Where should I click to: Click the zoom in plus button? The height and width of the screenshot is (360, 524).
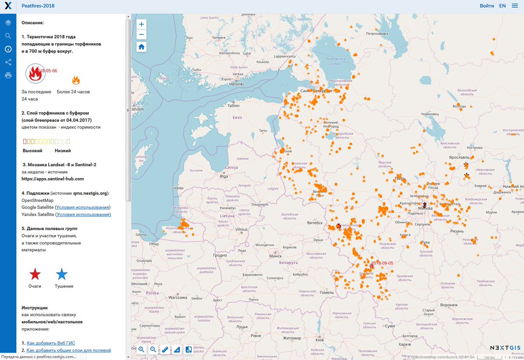click(141, 24)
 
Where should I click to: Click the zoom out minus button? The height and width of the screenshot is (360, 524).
click(141, 35)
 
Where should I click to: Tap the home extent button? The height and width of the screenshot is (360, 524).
click(141, 47)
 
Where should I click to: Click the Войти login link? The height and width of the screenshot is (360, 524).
click(487, 6)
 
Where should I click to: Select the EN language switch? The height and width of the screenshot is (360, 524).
click(503, 6)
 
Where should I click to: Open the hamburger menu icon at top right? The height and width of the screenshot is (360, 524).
click(514, 6)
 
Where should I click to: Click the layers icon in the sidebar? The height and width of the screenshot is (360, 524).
click(8, 23)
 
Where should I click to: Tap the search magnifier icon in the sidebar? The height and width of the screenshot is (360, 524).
click(8, 36)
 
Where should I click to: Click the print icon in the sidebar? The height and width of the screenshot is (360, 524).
click(8, 75)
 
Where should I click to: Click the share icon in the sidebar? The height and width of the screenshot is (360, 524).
click(8, 62)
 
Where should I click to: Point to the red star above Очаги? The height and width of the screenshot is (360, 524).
click(35, 274)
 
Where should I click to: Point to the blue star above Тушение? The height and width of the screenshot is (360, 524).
click(62, 274)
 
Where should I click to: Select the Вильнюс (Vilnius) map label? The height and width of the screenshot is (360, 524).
click(241, 229)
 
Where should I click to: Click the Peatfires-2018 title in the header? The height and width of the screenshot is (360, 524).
click(38, 6)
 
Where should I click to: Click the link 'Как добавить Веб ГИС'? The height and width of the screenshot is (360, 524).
click(51, 343)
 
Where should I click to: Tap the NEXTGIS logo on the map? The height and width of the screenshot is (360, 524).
click(504, 348)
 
